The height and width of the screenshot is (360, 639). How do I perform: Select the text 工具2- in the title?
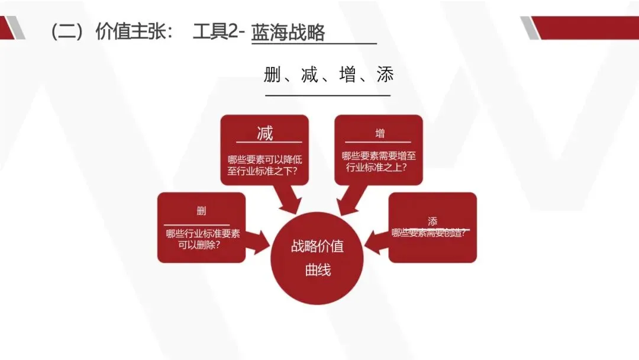coord(218,31)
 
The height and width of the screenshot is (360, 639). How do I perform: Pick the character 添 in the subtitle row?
coord(385,75)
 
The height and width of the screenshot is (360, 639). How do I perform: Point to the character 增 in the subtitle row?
coord(347,75)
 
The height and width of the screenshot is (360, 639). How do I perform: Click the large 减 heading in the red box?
coord(265,133)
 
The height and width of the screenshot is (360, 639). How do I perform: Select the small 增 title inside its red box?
coord(379,133)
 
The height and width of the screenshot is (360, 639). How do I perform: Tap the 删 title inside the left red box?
coord(201,211)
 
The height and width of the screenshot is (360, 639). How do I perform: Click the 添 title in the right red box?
coord(432,221)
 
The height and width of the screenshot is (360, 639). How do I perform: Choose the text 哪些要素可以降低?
coord(264,159)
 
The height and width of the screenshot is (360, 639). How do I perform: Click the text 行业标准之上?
coord(379,166)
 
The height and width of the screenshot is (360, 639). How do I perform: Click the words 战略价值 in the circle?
coord(317,246)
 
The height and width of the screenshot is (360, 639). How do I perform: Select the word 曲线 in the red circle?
coord(318,270)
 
